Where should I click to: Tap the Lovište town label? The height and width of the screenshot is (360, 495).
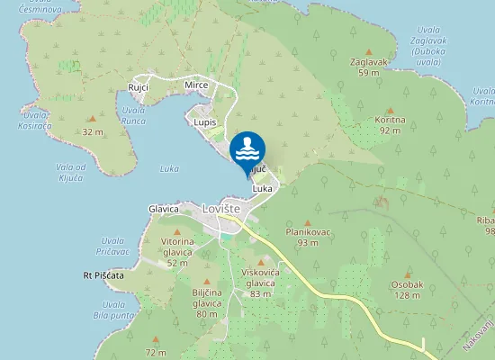(222, 208)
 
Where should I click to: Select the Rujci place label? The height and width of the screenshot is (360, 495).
(138, 86)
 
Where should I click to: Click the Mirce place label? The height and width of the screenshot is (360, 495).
(196, 85)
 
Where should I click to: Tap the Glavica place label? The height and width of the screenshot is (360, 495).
(164, 209)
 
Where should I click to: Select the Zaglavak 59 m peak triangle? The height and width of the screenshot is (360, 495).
(366, 52)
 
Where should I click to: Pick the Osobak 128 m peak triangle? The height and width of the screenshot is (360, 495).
(407, 275)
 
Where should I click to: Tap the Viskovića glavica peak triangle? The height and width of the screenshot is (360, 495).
(260, 263)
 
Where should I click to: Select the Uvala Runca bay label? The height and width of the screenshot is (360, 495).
(133, 114)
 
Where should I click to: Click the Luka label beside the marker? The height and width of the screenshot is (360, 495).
(263, 189)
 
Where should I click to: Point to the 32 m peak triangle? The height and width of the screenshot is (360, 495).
(90, 119)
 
